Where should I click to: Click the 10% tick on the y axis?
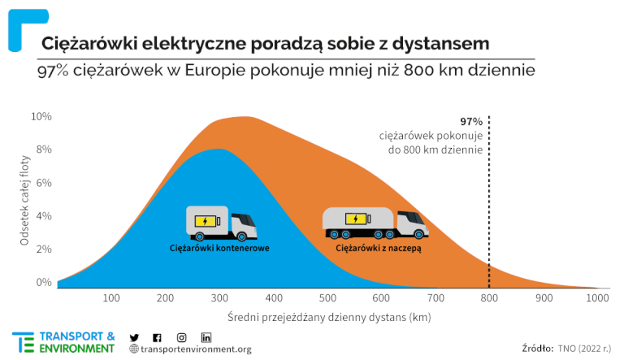point(41,116)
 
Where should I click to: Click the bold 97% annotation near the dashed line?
point(471,121)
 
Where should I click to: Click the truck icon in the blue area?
point(221,222)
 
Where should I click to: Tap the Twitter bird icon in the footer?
point(135,337)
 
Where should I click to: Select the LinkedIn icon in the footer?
point(206,337)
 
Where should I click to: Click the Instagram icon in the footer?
point(182,337)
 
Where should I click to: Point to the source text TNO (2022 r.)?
point(585,348)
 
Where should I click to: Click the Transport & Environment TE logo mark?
point(23,342)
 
